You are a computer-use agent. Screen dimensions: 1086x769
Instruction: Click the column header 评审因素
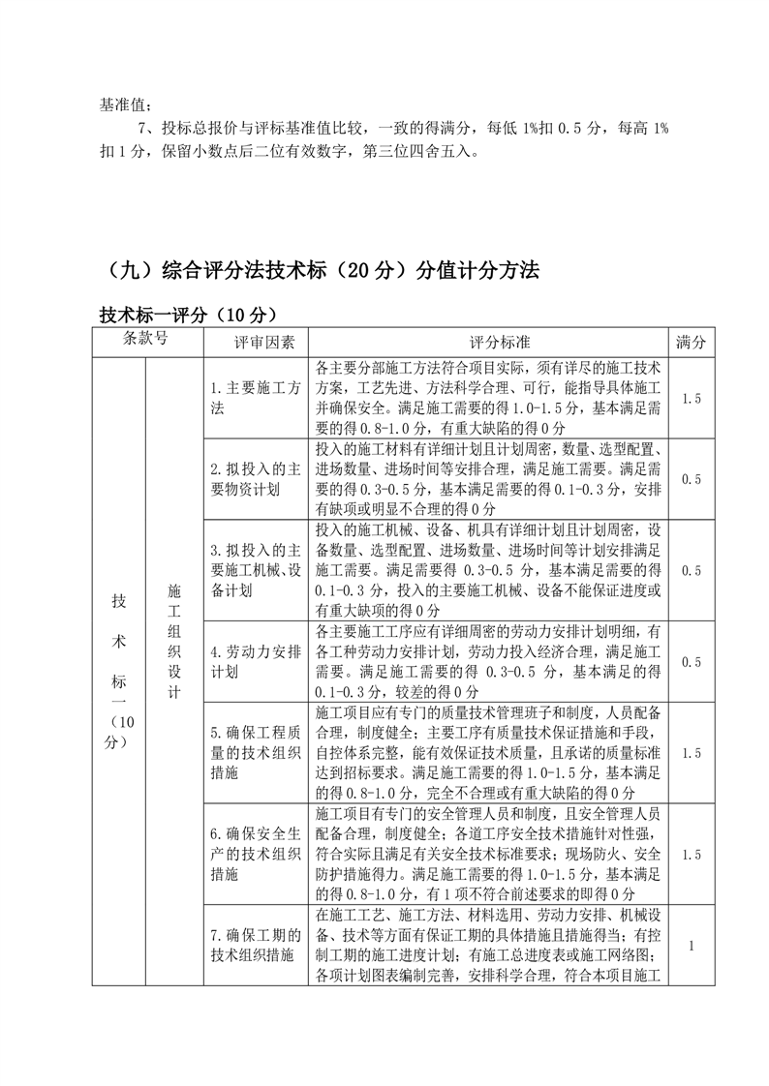(x=257, y=344)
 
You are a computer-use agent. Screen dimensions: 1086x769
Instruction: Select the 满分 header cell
(x=691, y=344)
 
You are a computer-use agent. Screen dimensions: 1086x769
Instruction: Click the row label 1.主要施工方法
(x=257, y=398)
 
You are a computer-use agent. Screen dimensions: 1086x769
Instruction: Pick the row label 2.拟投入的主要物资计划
(x=257, y=479)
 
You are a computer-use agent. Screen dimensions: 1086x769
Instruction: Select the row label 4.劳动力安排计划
(x=257, y=661)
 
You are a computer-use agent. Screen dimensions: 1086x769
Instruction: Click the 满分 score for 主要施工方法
(x=691, y=398)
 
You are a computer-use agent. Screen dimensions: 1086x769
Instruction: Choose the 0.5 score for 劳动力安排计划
(x=691, y=662)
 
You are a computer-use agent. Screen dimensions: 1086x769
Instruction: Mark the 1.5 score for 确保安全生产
(x=691, y=855)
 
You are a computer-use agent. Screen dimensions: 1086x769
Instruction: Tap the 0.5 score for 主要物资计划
(x=691, y=479)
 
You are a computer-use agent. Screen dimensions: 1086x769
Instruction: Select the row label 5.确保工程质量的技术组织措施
(x=257, y=753)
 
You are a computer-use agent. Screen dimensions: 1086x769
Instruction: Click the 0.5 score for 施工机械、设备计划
(x=691, y=571)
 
